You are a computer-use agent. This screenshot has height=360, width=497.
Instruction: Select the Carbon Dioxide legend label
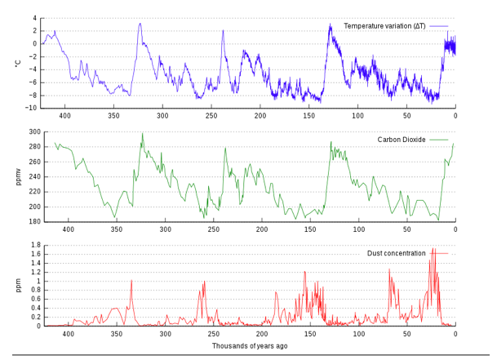coord(402,140)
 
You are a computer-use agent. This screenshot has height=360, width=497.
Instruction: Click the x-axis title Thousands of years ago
coord(249,346)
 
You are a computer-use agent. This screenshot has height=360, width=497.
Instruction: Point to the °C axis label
coord(17,62)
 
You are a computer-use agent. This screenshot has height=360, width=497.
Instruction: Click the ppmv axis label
coord(17,176)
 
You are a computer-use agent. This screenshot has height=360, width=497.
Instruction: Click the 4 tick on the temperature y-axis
coord(35,18)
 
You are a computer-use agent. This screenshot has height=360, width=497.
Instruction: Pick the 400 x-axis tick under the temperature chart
coord(68,117)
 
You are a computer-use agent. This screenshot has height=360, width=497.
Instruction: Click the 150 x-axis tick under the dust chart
coord(310,334)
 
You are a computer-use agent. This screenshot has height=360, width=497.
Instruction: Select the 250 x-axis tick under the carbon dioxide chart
coord(213,230)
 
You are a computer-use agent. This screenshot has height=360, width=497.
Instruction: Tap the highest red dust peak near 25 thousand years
coord(433,248)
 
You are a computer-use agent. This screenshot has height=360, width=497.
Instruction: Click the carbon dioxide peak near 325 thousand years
coord(142,133)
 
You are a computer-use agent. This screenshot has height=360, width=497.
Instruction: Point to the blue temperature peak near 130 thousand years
coord(331,24)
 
